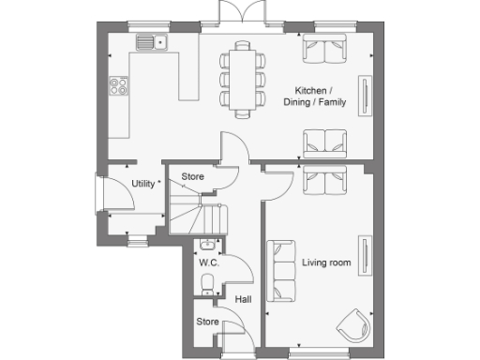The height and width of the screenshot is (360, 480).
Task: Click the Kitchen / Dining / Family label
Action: click(x=321, y=97)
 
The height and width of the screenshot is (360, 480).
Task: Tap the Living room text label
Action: click(x=326, y=263)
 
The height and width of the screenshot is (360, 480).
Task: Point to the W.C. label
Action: click(x=207, y=263)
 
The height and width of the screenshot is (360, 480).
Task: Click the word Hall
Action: click(x=243, y=300)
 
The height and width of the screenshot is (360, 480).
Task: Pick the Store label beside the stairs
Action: click(x=192, y=176)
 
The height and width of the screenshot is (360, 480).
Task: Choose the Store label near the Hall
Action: click(x=207, y=322)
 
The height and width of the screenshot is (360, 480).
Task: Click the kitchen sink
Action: click(x=150, y=41)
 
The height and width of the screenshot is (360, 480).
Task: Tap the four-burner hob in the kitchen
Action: click(x=120, y=86)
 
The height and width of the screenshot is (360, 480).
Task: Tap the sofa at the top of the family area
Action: click(x=323, y=47)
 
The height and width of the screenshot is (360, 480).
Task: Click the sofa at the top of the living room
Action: click(x=323, y=177)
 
